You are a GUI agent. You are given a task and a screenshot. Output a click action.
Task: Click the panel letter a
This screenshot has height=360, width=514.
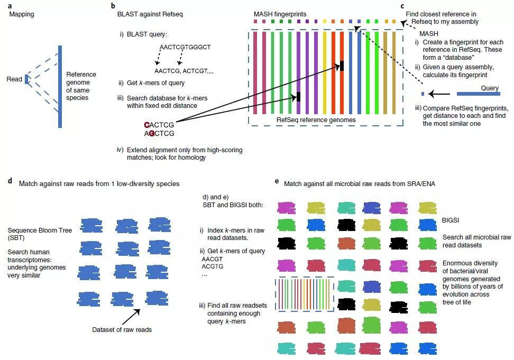[11, 5]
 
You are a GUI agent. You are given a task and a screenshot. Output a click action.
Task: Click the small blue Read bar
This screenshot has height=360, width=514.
[26, 79]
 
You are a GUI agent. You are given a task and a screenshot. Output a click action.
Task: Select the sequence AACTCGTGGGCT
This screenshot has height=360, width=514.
[185, 47]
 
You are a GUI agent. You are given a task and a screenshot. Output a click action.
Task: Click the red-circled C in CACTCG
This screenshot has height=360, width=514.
[147, 125]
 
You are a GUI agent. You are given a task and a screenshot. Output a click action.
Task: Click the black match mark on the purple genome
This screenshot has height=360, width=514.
[299, 97]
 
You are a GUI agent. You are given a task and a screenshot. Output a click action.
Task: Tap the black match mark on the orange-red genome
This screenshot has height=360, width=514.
[342, 66]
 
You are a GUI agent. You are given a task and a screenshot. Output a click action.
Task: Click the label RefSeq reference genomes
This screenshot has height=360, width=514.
[316, 120]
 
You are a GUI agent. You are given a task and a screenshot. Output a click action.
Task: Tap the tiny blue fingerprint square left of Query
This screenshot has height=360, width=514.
[423, 94]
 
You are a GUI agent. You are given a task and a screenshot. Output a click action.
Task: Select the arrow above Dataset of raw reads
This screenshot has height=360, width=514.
[132, 316]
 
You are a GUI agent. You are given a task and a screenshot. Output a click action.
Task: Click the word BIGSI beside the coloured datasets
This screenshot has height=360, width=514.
[451, 218]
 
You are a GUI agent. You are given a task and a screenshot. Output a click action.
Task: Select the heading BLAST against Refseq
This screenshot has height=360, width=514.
[147, 14]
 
